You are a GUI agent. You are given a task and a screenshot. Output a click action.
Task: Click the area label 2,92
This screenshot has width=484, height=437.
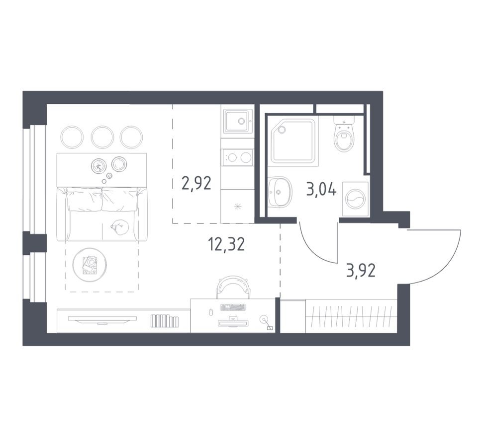tap(196, 183)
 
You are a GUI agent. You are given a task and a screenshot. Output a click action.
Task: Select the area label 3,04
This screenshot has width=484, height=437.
tap(321, 189)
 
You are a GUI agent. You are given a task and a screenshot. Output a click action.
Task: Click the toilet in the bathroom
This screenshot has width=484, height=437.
tap(344, 136)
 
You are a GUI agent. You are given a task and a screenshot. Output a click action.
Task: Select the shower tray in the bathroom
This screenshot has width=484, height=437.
tap(293, 141)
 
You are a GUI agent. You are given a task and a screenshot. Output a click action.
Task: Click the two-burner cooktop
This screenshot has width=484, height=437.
tap(237, 158)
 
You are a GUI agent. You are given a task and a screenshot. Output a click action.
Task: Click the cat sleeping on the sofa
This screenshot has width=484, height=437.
tap(120, 228)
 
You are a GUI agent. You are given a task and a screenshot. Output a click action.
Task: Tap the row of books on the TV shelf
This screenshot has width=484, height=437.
tap(164, 321)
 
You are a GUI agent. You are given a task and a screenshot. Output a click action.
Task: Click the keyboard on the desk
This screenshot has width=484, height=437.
tap(233, 307)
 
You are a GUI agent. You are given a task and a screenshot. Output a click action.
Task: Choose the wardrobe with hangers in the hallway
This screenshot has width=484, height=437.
tap(351, 316)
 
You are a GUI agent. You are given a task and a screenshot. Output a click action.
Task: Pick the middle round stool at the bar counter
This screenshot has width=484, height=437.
tap(102, 137)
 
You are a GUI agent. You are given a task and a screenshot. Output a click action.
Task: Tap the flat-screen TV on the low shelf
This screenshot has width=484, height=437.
tap(102, 319)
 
